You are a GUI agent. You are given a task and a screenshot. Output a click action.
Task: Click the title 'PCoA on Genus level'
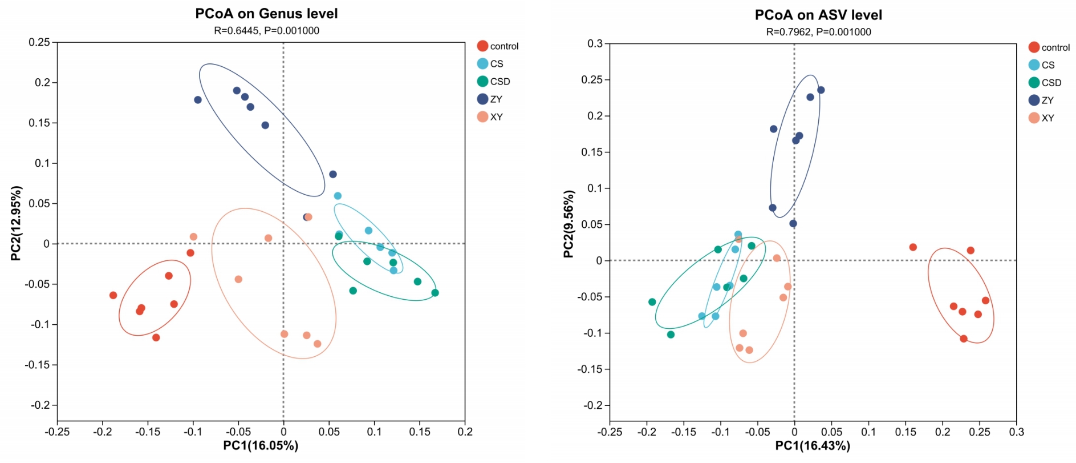[266, 14]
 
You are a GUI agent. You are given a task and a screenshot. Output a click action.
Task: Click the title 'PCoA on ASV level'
[818, 15]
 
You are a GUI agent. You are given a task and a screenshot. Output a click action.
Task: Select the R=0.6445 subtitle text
[266, 31]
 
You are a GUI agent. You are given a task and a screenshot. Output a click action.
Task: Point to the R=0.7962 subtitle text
[818, 32]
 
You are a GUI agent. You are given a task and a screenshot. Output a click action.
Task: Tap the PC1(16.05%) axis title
[261, 446]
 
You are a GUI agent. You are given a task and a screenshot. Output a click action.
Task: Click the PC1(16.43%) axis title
[813, 446]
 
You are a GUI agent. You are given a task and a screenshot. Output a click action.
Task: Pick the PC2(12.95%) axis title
[16, 223]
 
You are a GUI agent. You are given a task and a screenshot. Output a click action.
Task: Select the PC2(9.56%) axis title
[568, 224]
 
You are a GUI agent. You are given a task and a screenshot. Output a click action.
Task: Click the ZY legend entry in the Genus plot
[490, 99]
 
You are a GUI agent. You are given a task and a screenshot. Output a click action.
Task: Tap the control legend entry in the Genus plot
[498, 46]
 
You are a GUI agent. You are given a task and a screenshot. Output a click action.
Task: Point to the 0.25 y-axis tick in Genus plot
[39, 42]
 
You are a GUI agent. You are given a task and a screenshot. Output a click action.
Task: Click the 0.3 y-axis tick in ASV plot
[595, 43]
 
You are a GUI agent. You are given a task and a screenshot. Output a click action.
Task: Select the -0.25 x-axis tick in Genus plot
[57, 432]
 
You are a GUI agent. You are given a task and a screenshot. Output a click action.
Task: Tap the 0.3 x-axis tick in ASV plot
[1016, 432]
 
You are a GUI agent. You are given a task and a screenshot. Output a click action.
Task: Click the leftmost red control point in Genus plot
[113, 295]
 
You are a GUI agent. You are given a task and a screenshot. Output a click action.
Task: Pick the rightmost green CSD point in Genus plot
[435, 293]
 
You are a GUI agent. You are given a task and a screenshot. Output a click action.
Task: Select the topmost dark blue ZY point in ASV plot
[821, 90]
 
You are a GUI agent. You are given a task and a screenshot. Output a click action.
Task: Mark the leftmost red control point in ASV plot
[913, 247]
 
